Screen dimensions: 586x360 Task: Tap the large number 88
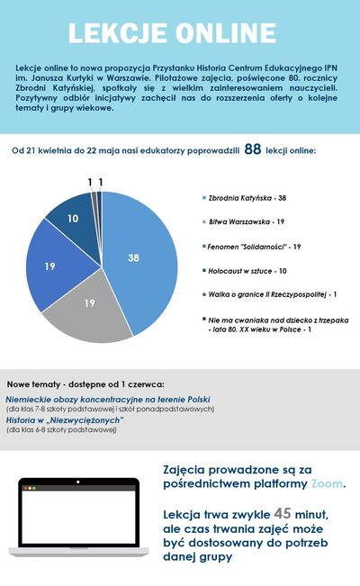pos(252,149)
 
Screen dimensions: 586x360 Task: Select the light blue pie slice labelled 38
pos(135,257)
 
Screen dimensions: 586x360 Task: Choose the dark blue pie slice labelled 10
pos(71,219)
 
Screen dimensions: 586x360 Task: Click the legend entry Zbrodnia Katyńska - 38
pos(246,197)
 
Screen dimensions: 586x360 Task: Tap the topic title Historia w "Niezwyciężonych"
pos(65,420)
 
